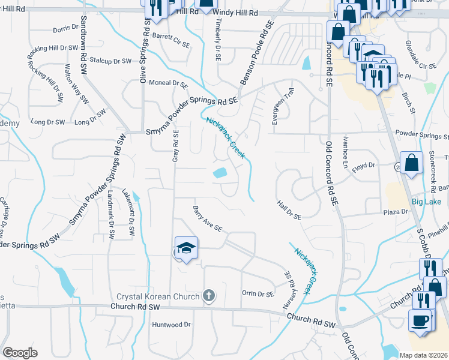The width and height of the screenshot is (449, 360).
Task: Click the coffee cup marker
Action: coord(420,320)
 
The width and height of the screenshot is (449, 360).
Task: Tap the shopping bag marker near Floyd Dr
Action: coord(411,163)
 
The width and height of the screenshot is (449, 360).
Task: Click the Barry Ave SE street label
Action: coord(208,220)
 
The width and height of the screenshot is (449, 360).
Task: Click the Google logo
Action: coord(20,353)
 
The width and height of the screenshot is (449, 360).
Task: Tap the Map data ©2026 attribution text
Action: coord(423,355)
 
